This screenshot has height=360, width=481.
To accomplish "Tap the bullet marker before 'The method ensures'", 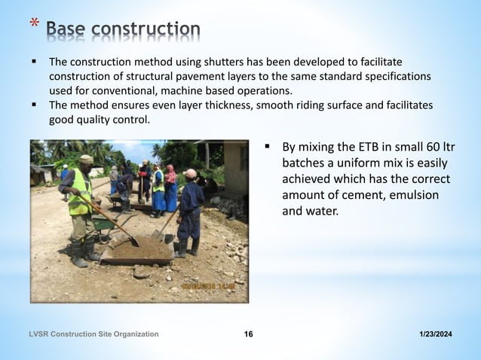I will tap(34, 105).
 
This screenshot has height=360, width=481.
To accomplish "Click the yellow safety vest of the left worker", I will tap(80, 192).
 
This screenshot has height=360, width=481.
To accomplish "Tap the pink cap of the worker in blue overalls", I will tap(190, 174).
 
